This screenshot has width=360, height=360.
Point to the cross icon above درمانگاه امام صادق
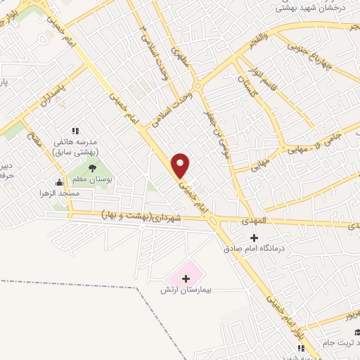(255, 238)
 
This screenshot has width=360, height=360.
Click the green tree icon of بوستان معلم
(92, 167)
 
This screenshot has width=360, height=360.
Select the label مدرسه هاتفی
(78, 141)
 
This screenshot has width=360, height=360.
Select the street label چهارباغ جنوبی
(308, 53)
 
